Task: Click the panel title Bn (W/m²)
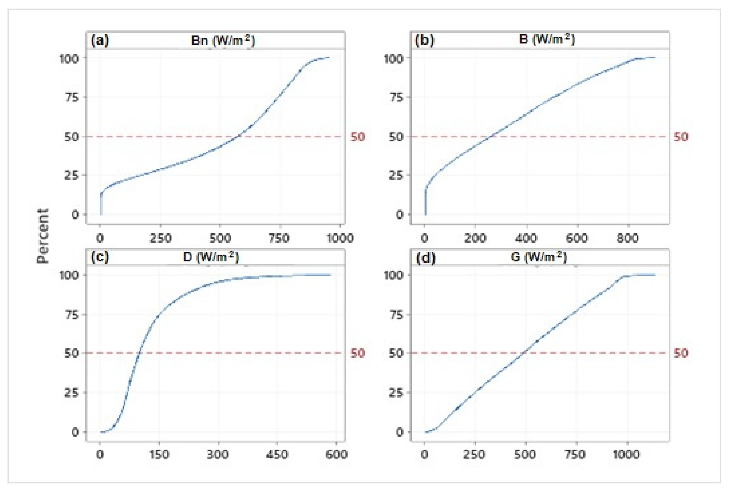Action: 223,41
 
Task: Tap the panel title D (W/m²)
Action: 211,257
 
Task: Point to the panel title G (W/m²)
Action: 539,257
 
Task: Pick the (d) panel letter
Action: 425,258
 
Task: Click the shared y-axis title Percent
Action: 43,236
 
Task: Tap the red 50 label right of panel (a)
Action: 358,137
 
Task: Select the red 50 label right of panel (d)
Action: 681,353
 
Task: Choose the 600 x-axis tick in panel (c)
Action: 336,455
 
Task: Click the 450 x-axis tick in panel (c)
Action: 277,455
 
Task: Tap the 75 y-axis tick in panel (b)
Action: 395,98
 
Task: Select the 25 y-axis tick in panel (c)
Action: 71,393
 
